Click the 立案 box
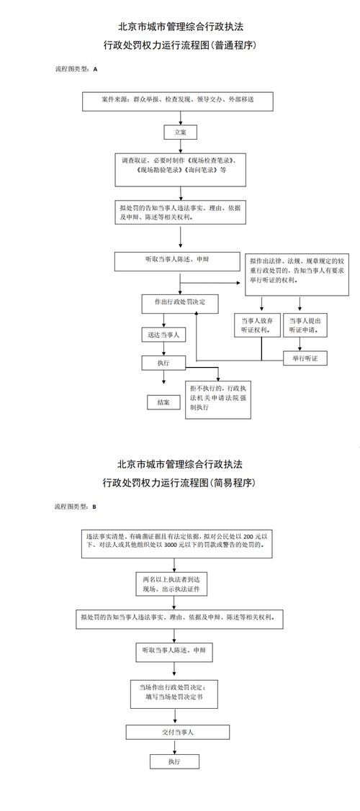179,133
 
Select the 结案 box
163,402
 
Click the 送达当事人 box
163,335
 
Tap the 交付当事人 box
178,733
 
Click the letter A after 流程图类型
95,69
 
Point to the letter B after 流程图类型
94,507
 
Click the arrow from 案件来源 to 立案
179,119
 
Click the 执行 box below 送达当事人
163,363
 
